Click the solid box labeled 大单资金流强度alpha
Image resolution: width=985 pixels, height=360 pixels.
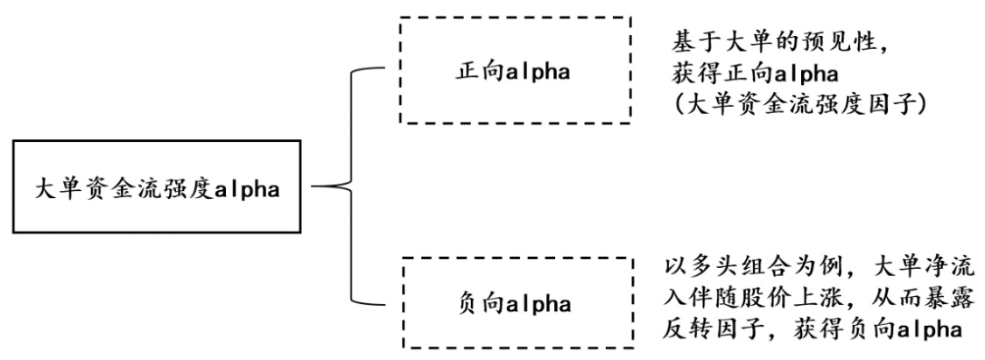[x=156, y=188]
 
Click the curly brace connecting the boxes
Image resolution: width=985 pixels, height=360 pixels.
[x=350, y=187]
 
